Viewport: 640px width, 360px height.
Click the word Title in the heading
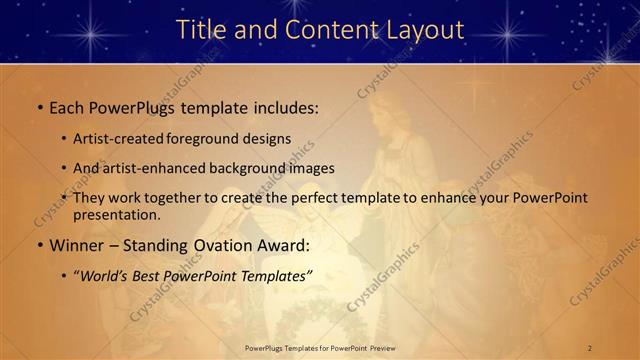tap(201, 30)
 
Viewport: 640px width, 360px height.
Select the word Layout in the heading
tap(423, 30)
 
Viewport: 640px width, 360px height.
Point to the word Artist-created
tap(119, 139)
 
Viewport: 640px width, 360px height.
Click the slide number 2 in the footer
tap(590, 348)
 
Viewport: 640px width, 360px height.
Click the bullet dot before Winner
tap(39, 245)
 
